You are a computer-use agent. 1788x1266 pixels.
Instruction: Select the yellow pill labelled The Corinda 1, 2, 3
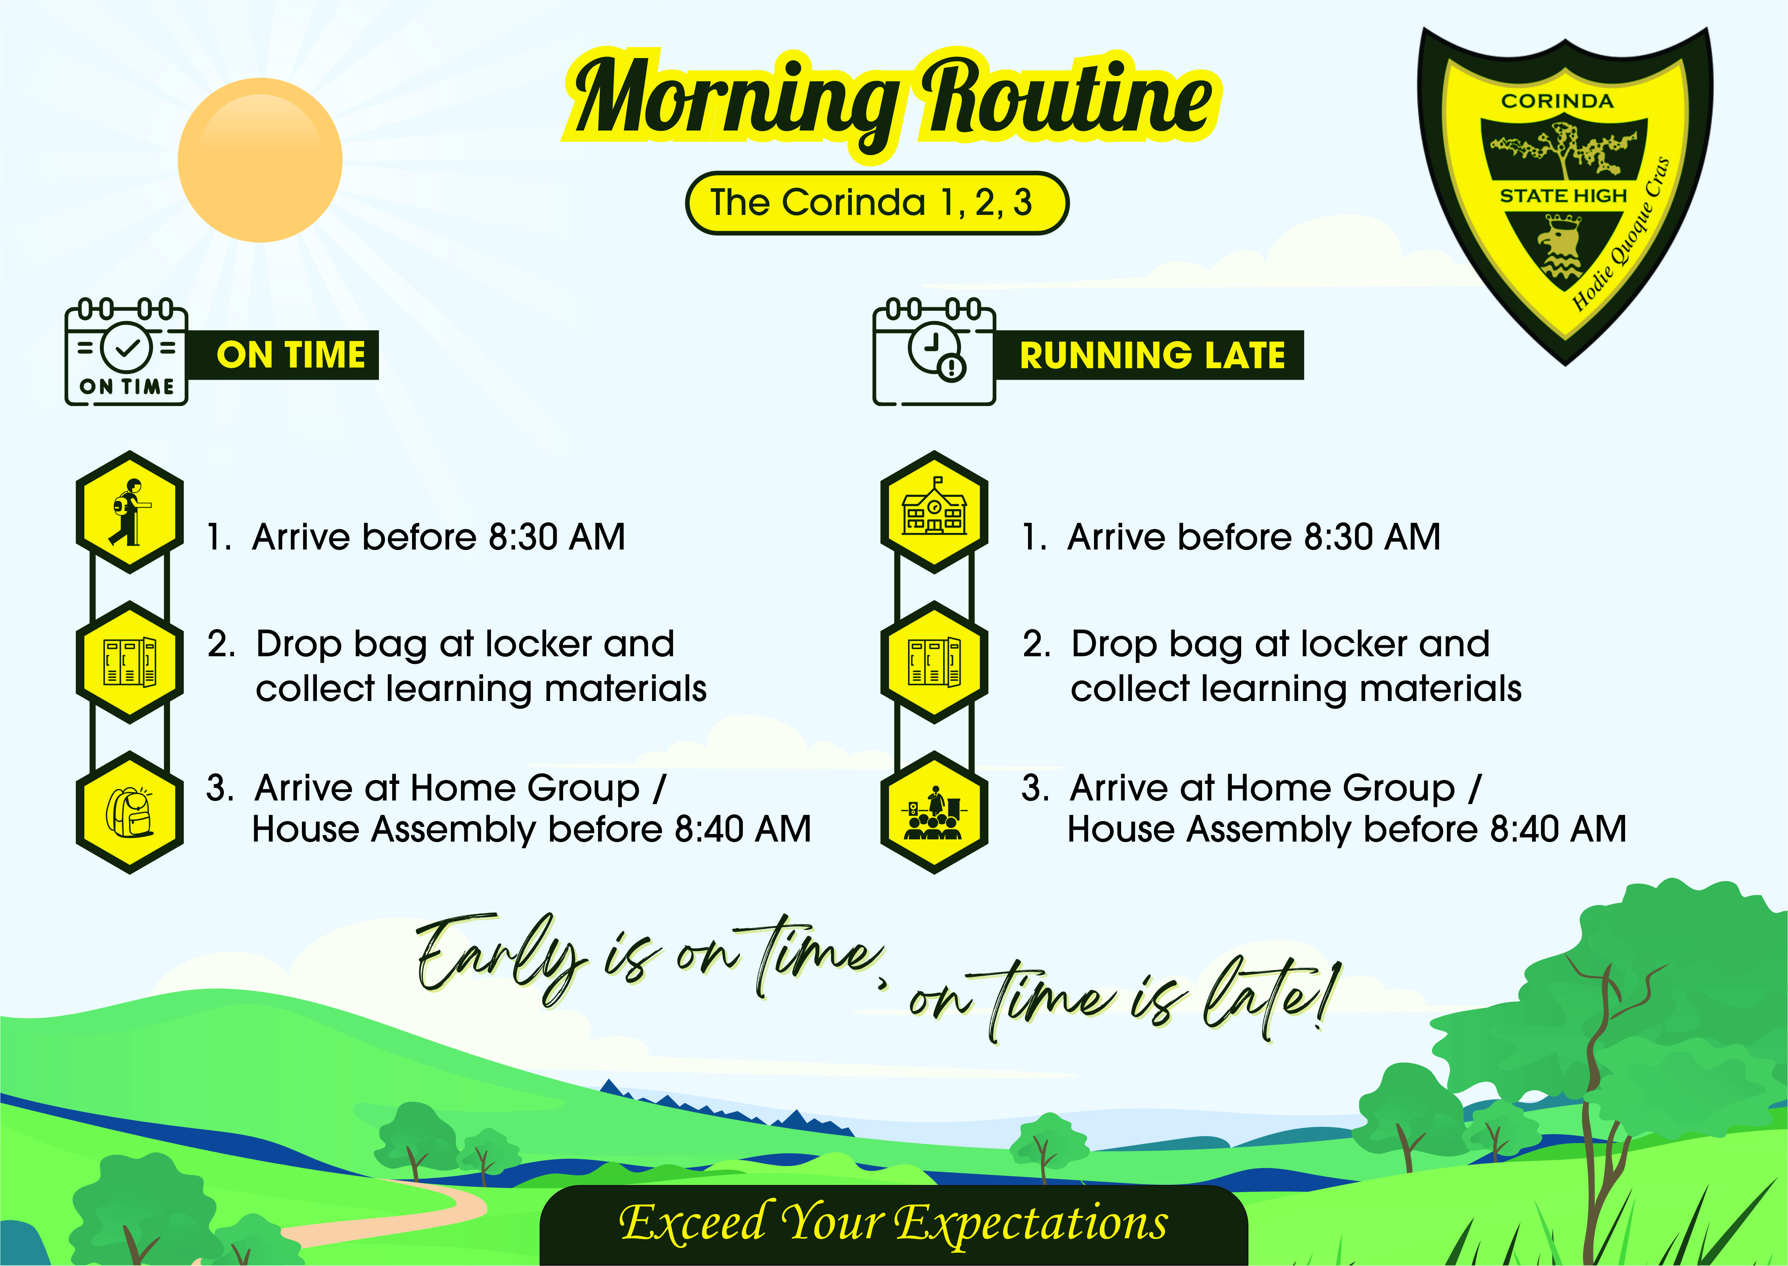pos(877,203)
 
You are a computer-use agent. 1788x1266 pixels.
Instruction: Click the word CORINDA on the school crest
pos(1557,101)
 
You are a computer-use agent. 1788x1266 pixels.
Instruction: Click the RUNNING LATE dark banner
pos(1150,356)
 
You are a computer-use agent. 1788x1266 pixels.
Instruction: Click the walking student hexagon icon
pos(129,512)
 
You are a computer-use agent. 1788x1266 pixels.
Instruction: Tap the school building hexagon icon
pos(934,512)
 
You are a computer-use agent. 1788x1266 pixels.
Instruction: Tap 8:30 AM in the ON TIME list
pos(557,537)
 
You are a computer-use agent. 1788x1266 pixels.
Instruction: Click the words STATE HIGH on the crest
pos(1563,196)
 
